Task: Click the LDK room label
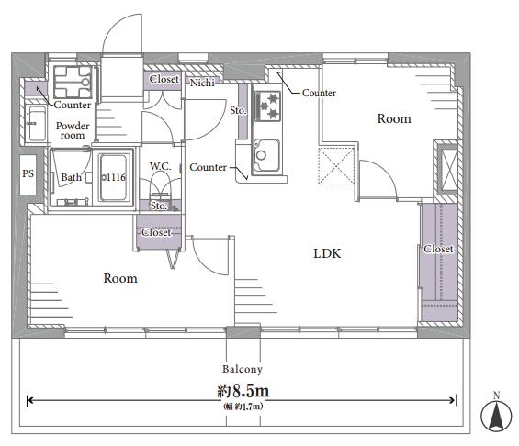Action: [327, 253]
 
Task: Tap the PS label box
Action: [28, 174]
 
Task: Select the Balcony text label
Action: [243, 369]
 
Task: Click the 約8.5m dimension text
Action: [243, 391]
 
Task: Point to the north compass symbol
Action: [496, 416]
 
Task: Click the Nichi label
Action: [202, 83]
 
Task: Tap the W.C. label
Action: [161, 166]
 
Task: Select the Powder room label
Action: [73, 130]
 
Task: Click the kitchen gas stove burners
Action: [267, 106]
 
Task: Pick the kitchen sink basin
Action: [266, 155]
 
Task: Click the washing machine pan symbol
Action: [73, 82]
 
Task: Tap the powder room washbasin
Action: [35, 124]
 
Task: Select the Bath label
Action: [71, 177]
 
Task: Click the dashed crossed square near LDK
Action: [336, 165]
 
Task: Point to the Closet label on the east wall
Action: [438, 249]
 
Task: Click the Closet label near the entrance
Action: [164, 79]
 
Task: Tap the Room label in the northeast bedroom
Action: [394, 118]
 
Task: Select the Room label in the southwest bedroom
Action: [120, 278]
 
